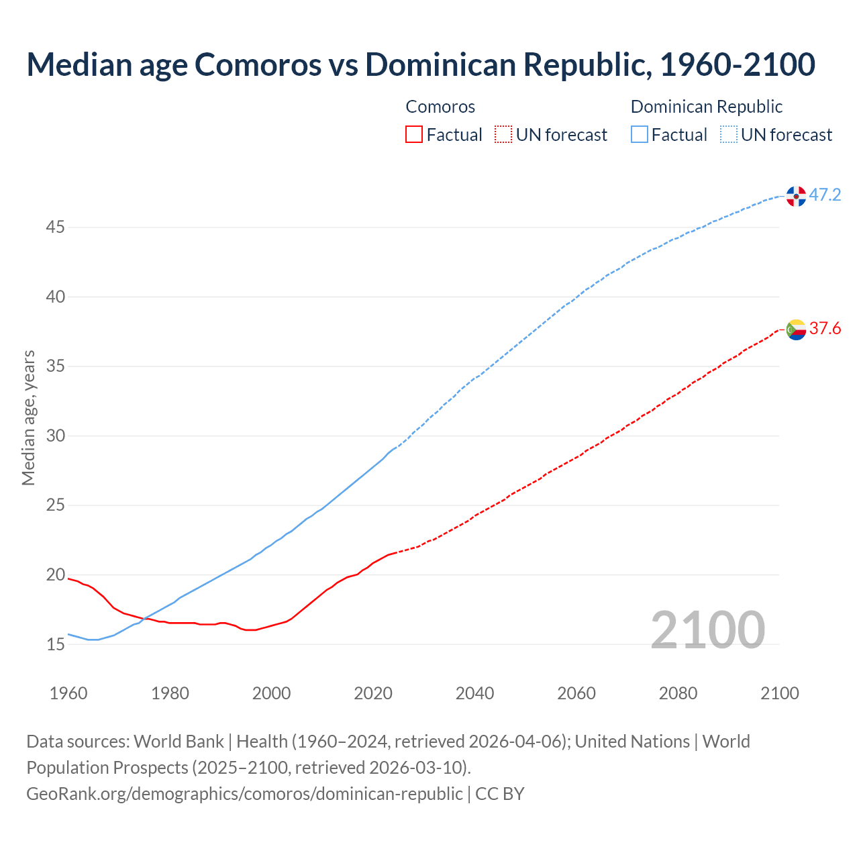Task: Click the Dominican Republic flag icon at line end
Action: (x=796, y=196)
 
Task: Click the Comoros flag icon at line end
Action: (x=796, y=330)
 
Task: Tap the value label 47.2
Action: (x=825, y=195)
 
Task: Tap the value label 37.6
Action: (x=825, y=329)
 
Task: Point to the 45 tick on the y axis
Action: (x=55, y=228)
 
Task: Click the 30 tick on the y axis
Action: (x=55, y=436)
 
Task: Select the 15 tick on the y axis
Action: (x=55, y=645)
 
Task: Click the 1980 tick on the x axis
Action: (x=170, y=693)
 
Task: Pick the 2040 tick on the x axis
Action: (x=474, y=693)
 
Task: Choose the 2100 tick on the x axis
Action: (x=779, y=693)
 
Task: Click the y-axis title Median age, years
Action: (x=28, y=417)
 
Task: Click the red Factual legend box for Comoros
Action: (x=414, y=135)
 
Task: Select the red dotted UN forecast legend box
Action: (x=503, y=135)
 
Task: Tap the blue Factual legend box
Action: (x=640, y=135)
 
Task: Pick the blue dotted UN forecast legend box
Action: (x=729, y=135)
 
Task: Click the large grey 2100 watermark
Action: (x=707, y=629)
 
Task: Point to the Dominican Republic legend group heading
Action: (x=707, y=107)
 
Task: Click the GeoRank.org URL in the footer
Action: (x=244, y=794)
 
